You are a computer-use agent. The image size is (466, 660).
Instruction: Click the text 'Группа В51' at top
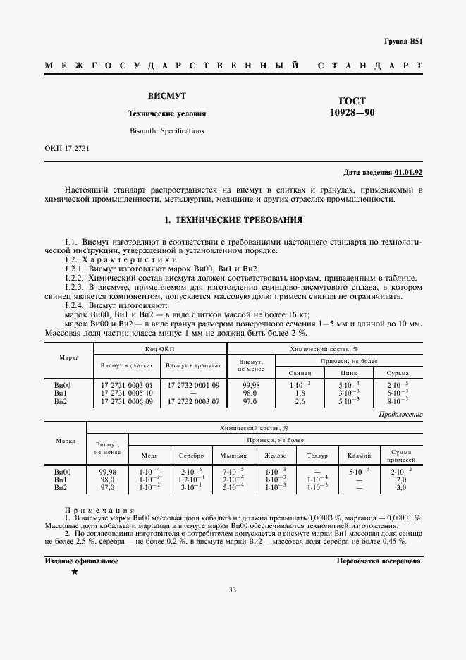coord(403,42)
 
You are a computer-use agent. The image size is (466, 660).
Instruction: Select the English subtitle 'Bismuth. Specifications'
coord(166,130)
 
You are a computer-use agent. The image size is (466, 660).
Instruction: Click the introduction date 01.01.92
coord(408,172)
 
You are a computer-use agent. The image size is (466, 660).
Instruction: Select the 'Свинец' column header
coord(300,372)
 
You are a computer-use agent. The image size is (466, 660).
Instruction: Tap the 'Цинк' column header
coord(348,372)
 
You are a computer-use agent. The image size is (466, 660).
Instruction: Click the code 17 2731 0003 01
coord(127,385)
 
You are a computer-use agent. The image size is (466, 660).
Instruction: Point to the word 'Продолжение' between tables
coord(400,415)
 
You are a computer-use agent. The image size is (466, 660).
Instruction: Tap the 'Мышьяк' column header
coord(233,456)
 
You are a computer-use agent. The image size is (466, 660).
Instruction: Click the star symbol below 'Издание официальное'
coord(74,572)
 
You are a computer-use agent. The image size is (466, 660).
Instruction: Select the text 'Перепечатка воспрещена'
coord(379,561)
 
